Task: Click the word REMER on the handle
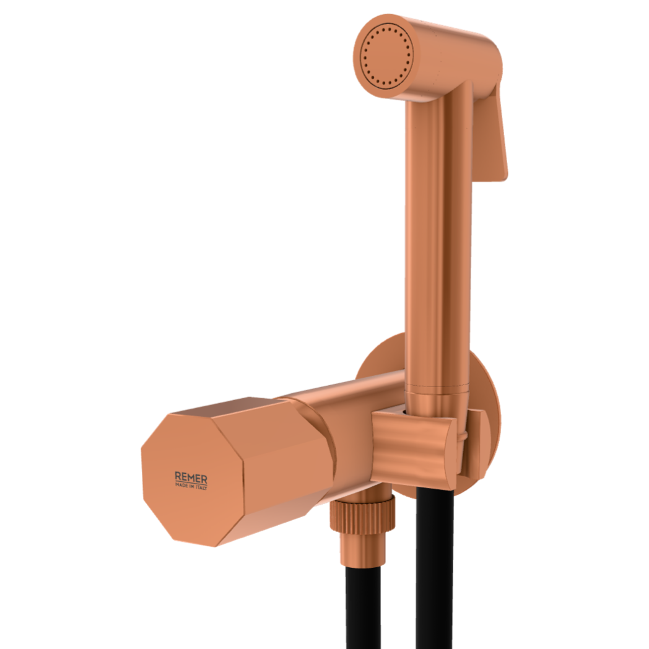coord(191,477)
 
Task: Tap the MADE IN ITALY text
coord(191,486)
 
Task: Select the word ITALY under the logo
coord(201,487)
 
